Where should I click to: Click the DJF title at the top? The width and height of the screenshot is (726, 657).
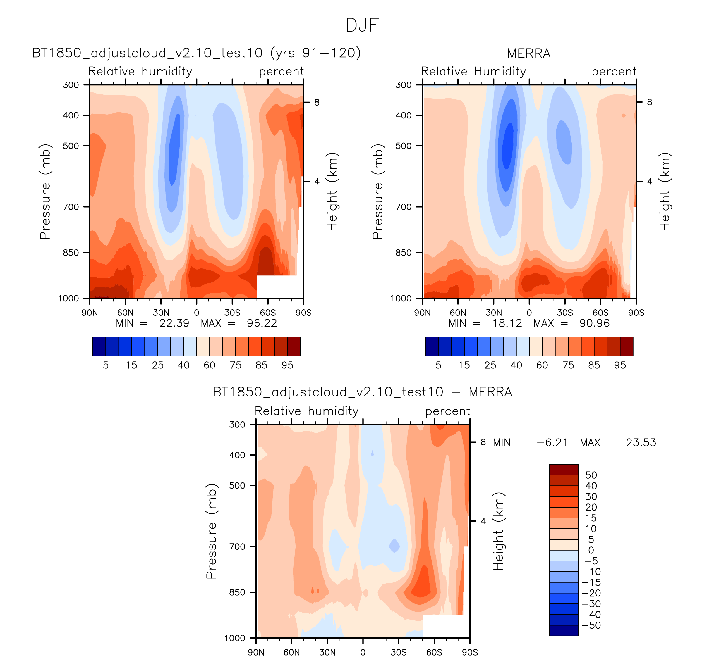point(362,25)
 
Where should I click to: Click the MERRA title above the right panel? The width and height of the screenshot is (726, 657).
point(529,54)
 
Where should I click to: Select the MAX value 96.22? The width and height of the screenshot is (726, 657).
point(262,323)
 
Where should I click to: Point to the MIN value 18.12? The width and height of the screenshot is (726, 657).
point(507,323)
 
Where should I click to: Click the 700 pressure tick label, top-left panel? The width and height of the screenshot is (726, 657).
point(71,207)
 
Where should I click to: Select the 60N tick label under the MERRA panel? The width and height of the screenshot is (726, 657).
point(458,313)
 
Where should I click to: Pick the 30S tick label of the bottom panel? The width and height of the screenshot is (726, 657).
point(399,652)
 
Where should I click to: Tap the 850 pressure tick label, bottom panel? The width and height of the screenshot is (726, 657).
point(237,592)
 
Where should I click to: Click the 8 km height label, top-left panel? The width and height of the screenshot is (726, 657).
point(317,103)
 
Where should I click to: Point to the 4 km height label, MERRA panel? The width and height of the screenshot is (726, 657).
point(650,181)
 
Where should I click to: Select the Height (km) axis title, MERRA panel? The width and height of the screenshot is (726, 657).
point(665,192)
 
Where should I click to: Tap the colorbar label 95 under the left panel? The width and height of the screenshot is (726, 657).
point(287,365)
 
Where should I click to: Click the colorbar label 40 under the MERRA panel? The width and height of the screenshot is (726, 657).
point(516,365)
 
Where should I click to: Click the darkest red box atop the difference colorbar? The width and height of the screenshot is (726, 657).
point(564,470)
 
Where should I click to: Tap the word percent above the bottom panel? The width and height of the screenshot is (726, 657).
point(448,411)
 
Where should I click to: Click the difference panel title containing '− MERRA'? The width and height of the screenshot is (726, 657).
point(362,392)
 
